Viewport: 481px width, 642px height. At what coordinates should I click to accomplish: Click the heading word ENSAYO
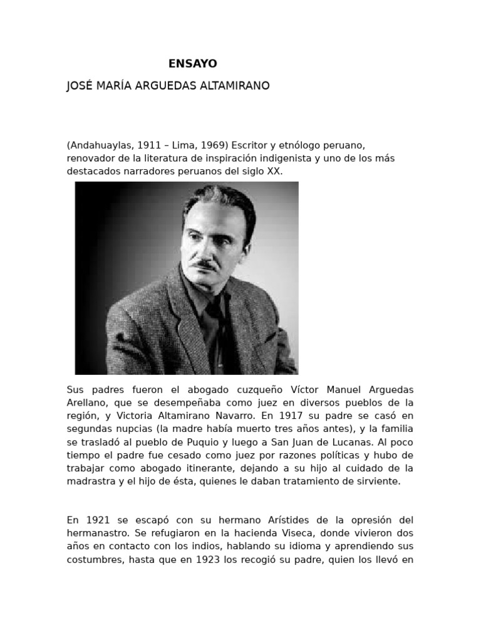tap(193, 63)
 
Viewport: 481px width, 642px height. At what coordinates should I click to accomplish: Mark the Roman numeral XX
tap(274, 171)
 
